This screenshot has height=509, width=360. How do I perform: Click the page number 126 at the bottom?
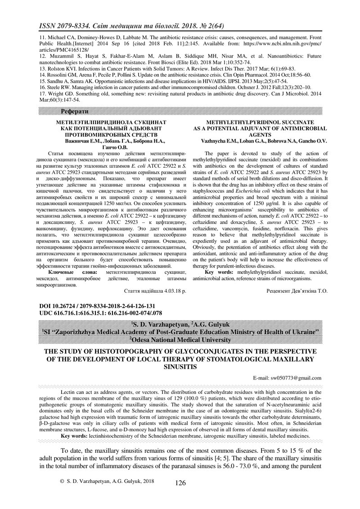(180, 483)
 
